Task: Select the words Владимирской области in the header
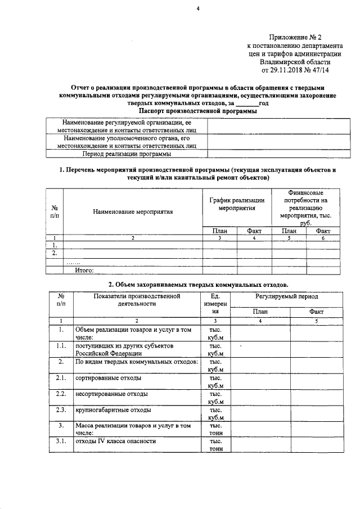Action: pos(307,62)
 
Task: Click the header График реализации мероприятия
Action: pos(237,204)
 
